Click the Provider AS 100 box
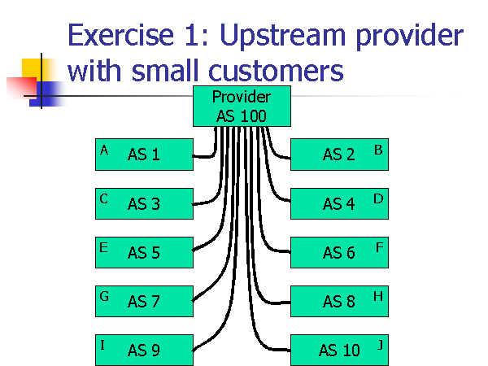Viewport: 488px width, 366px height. pyautogui.click(x=241, y=106)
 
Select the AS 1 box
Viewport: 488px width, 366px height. pyautogui.click(x=144, y=155)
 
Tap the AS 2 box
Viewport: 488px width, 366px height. pyautogui.click(x=339, y=155)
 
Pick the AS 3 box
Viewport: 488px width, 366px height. pyautogui.click(x=144, y=203)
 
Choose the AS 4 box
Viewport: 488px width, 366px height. pyautogui.click(x=339, y=203)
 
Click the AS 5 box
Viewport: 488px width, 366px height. pyautogui.click(x=144, y=252)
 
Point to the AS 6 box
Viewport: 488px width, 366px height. pyautogui.click(x=339, y=252)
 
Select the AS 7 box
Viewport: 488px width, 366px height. pyautogui.click(x=144, y=301)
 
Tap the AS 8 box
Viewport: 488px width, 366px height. pyautogui.click(x=339, y=301)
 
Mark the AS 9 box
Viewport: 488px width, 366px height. pyautogui.click(x=144, y=350)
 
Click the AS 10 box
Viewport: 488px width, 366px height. pyautogui.click(x=339, y=350)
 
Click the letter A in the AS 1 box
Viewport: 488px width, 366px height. pyautogui.click(x=104, y=150)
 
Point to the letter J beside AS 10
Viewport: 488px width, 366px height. pyautogui.click(x=379, y=345)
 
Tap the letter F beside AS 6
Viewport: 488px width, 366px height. pyautogui.click(x=379, y=247)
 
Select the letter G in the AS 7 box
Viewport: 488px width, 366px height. pyautogui.click(x=104, y=296)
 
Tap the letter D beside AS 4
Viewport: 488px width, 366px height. pyautogui.click(x=378, y=198)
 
